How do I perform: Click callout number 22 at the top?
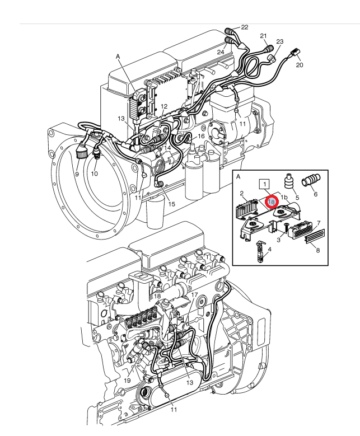[244, 27]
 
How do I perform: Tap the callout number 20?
[300, 65]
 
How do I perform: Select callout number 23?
[279, 42]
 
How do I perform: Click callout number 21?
[264, 36]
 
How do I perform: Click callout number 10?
[95, 174]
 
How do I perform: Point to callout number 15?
[171, 204]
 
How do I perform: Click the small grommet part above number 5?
[290, 182]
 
